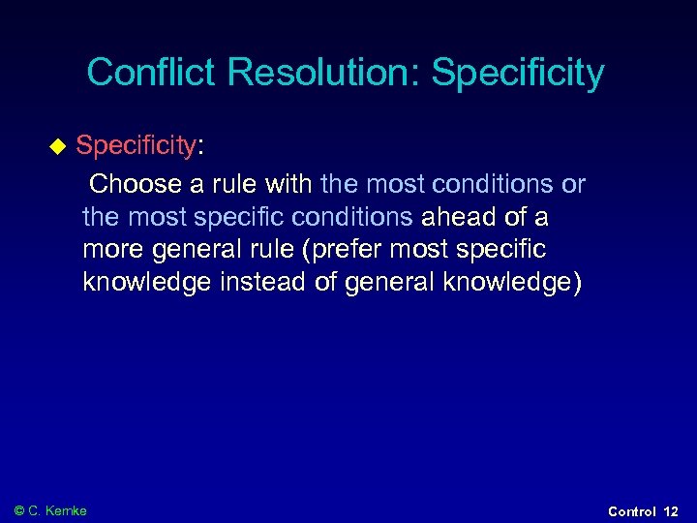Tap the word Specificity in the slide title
(x=518, y=73)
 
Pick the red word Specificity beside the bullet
(x=136, y=146)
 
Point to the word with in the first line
(x=288, y=184)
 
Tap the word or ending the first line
(x=573, y=184)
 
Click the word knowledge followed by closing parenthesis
(x=518, y=283)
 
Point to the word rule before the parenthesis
(x=271, y=250)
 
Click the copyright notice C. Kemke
(x=58, y=510)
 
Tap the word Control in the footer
(x=632, y=511)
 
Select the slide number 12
(x=672, y=511)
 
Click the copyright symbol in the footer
(x=20, y=510)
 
